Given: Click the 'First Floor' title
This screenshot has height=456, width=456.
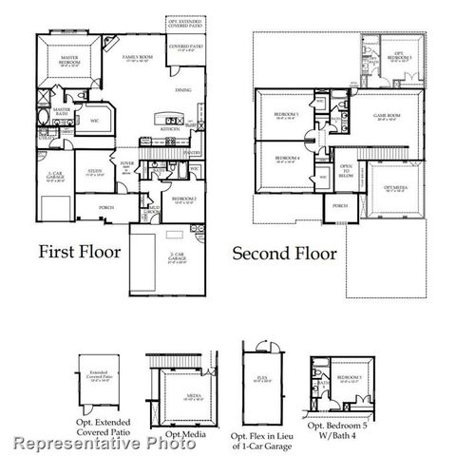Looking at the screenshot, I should (x=81, y=254).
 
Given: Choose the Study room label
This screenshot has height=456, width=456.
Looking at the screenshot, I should (x=92, y=174).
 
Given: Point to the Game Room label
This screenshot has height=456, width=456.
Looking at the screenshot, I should (x=386, y=117).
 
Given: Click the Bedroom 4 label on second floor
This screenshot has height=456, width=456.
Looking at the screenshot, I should (x=287, y=159).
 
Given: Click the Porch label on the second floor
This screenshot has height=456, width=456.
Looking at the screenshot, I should (x=339, y=206).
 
